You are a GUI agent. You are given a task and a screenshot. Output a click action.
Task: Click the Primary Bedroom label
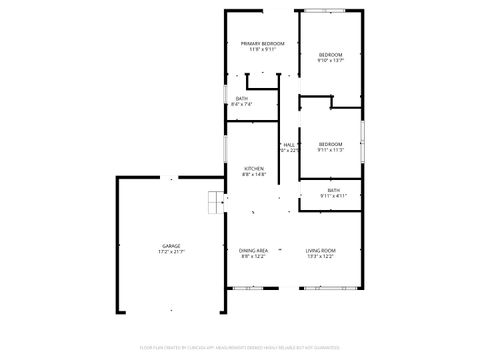262,43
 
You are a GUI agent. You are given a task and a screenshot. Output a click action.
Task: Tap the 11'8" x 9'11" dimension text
262,50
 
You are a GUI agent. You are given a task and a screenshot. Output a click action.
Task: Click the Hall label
289,145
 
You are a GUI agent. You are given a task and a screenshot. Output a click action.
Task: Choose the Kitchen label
254,168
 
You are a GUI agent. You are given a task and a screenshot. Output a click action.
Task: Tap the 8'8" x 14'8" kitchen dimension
254,175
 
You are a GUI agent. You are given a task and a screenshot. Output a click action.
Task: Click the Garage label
172,245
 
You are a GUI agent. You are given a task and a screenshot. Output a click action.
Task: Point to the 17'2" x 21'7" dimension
172,252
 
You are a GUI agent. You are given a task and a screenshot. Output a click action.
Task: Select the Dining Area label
254,250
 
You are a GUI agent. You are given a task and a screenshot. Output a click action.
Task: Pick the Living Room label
320,250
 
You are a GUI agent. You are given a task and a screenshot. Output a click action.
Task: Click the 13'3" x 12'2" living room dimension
320,257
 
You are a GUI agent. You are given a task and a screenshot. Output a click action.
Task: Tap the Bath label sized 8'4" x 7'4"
242,97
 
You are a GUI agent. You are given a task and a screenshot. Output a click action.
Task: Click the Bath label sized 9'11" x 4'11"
333,189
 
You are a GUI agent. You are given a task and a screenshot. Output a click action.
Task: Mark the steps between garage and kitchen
214,202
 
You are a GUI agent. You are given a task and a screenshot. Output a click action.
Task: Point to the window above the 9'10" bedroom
327,11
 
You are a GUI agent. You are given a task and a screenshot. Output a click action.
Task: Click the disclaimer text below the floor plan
240,349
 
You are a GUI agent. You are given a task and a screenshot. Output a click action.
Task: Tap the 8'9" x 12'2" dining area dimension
254,257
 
